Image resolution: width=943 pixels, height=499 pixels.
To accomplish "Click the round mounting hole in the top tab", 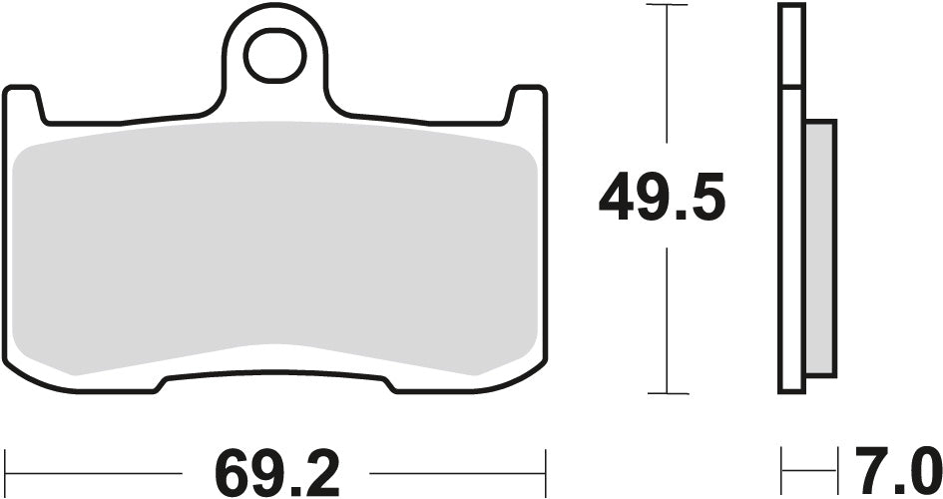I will pyautogui.click(x=271, y=57).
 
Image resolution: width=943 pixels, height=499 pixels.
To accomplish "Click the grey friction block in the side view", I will pyautogui.click(x=819, y=249).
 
